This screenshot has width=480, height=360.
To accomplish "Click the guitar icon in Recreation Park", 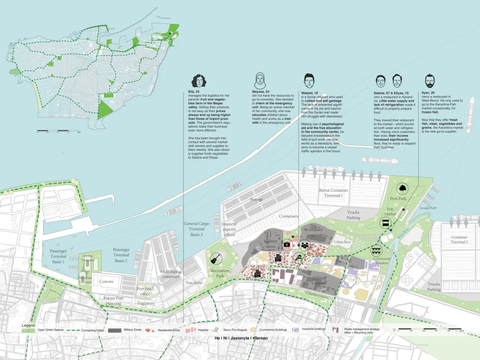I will pyautogui.click(x=215, y=257).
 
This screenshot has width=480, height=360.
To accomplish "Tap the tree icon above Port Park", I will pyautogui.click(x=402, y=189).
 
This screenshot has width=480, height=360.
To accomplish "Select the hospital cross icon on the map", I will pyautogui.click(x=286, y=245).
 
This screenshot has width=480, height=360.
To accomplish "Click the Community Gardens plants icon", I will pyautogui.click(x=376, y=250).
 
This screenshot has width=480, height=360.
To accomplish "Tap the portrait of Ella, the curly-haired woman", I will pyautogui.click(x=197, y=80).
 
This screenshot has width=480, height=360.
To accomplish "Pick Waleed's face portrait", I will pyautogui.click(x=308, y=80).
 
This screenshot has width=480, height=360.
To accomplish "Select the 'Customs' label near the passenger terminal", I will pyautogui.click(x=106, y=281).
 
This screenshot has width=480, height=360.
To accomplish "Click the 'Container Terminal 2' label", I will pyautogui.click(x=459, y=240).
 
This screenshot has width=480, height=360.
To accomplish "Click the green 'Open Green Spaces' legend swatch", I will pyautogui.click(x=29, y=330).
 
